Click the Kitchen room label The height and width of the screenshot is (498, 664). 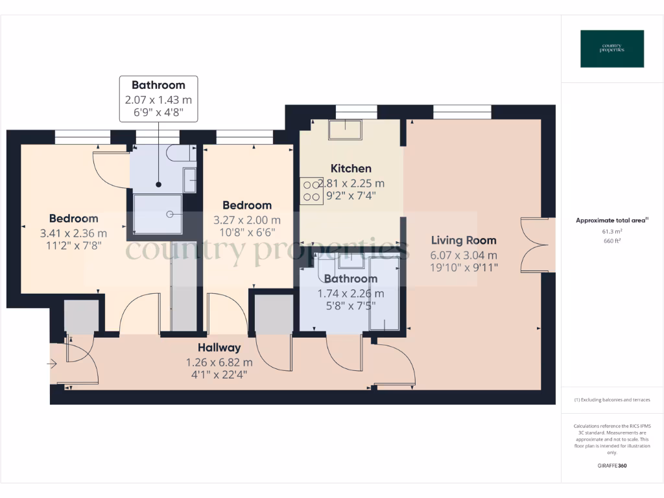pyautogui.click(x=351, y=169)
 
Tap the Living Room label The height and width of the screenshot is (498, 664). pyautogui.click(x=464, y=241)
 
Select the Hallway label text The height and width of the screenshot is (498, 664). pyautogui.click(x=219, y=348)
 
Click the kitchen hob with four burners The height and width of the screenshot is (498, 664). pyautogui.click(x=311, y=189)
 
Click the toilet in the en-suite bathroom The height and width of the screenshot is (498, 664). pyautogui.click(x=179, y=153)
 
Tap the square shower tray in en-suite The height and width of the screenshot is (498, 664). pyautogui.click(x=158, y=213)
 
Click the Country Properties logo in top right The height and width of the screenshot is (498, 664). pyautogui.click(x=612, y=49)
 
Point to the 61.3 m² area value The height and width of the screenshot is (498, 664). pyautogui.click(x=612, y=231)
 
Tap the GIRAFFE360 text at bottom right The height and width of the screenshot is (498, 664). pyautogui.click(x=612, y=466)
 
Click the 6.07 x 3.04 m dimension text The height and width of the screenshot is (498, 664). pyautogui.click(x=464, y=255)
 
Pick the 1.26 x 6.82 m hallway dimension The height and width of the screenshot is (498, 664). pyautogui.click(x=219, y=362)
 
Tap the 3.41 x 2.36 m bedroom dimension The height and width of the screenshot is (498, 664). pyautogui.click(x=74, y=233)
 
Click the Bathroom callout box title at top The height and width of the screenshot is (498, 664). pyautogui.click(x=158, y=85)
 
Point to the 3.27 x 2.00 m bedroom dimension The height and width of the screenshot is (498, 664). pyautogui.click(x=247, y=220)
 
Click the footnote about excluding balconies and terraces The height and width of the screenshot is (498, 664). pyautogui.click(x=612, y=400)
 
